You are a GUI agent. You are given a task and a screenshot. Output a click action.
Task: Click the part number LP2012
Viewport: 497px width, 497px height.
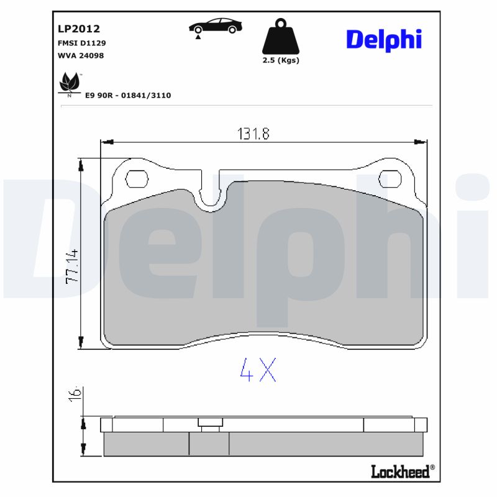[x=78, y=29]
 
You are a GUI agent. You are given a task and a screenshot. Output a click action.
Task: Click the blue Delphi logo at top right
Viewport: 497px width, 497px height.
[x=383, y=39]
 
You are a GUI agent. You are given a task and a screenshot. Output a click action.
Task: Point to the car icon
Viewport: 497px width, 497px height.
[x=215, y=26]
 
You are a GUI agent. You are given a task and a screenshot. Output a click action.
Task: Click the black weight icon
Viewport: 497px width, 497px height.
[x=281, y=37]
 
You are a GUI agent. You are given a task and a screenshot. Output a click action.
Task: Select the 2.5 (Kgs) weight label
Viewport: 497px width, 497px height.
[x=281, y=60]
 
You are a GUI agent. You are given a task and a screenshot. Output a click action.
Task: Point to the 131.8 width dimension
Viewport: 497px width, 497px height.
[x=253, y=134]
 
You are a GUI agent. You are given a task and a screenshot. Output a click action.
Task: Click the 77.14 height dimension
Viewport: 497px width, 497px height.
[x=72, y=267]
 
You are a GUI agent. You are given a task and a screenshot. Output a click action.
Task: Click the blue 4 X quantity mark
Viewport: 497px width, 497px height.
[x=258, y=370]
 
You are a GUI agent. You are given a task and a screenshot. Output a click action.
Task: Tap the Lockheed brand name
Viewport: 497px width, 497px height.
[x=399, y=472]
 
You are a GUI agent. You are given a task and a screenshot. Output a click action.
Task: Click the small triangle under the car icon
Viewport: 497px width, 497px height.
[x=198, y=38]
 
